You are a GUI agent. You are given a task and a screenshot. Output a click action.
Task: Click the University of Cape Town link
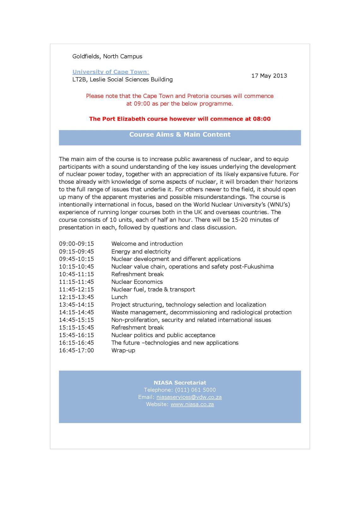(x=111, y=72)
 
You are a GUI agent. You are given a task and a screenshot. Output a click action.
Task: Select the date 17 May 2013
(x=269, y=76)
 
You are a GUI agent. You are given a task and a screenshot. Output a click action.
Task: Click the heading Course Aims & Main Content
(x=180, y=135)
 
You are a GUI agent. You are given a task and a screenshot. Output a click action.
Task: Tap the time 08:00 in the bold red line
(x=261, y=119)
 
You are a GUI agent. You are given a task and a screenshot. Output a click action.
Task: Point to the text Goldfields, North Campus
(x=107, y=57)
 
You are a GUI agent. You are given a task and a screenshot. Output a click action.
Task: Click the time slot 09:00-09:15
(x=76, y=244)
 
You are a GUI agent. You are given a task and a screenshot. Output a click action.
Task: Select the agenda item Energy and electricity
(x=141, y=252)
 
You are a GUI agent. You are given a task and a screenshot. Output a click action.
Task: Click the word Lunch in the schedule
(x=119, y=297)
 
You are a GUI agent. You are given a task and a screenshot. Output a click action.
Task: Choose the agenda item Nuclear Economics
(x=137, y=282)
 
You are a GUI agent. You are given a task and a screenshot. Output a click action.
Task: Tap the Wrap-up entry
(x=123, y=350)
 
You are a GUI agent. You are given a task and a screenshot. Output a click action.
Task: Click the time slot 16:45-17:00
(x=76, y=350)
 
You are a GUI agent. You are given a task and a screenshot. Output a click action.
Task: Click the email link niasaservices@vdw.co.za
(x=189, y=397)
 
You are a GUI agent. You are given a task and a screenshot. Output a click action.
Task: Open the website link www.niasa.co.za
(x=192, y=404)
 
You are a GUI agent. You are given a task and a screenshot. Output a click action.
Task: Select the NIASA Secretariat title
(x=180, y=383)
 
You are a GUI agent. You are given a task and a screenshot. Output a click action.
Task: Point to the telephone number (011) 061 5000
(x=195, y=390)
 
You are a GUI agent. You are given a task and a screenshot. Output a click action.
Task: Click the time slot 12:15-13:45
(x=76, y=297)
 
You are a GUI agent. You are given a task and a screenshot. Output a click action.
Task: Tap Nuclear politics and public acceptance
(x=163, y=335)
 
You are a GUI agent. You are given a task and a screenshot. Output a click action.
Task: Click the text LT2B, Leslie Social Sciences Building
(x=123, y=80)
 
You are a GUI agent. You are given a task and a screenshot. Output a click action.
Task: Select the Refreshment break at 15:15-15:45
(x=137, y=328)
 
